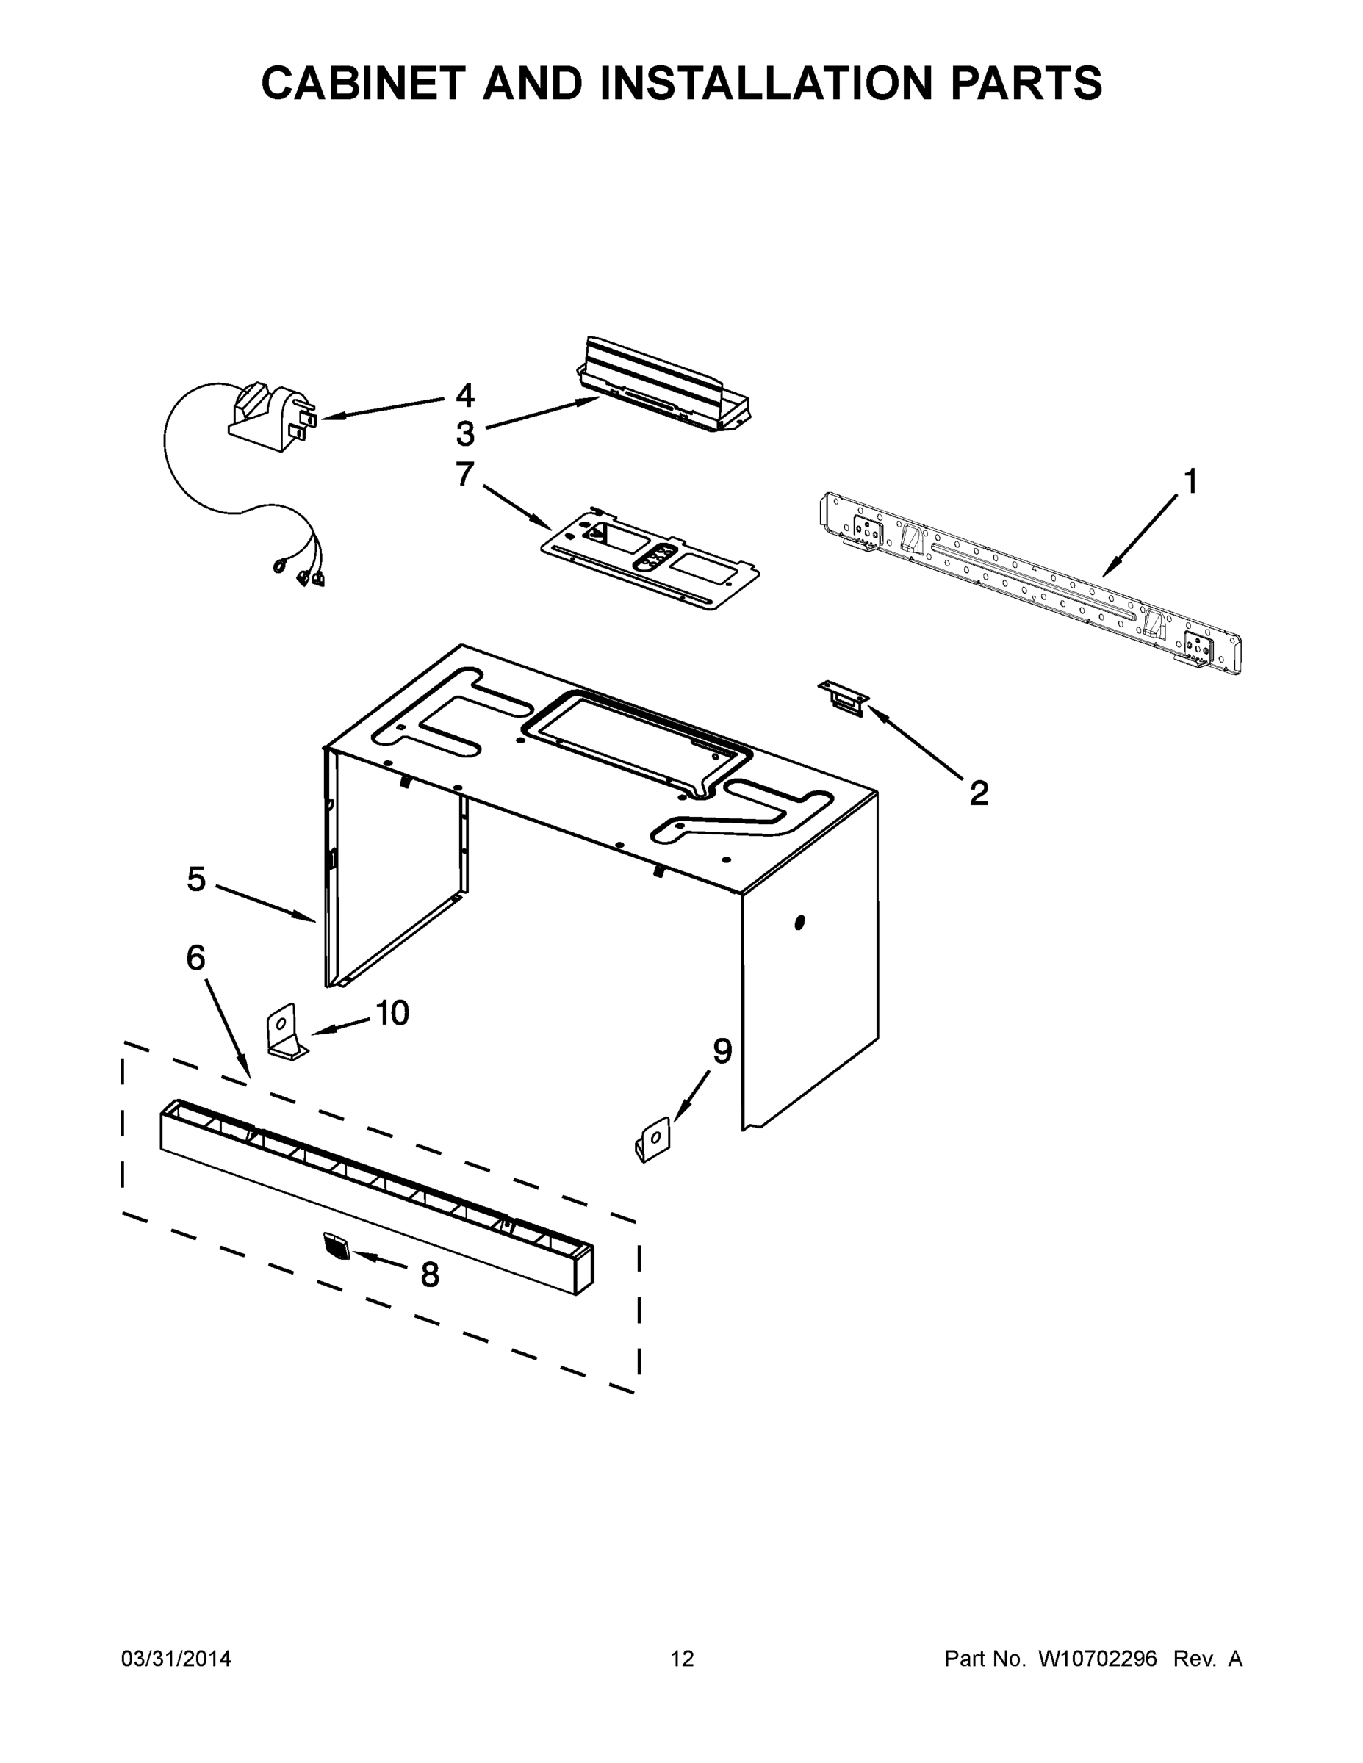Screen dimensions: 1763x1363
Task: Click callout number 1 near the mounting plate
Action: pyautogui.click(x=1190, y=482)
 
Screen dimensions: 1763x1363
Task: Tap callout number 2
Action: pyautogui.click(x=978, y=793)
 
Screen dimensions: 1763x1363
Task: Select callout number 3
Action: pyautogui.click(x=465, y=434)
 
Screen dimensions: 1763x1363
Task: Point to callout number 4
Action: pyautogui.click(x=465, y=395)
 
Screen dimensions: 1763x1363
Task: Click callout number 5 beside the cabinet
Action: pyautogui.click(x=196, y=879)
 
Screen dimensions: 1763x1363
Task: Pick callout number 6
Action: pyautogui.click(x=195, y=958)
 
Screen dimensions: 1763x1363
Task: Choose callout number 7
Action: pyautogui.click(x=464, y=475)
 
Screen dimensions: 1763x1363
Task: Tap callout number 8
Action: pyautogui.click(x=430, y=1275)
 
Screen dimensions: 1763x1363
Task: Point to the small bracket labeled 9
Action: pyautogui.click(x=653, y=1140)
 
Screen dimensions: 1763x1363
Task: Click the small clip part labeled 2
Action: pyautogui.click(x=843, y=696)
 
